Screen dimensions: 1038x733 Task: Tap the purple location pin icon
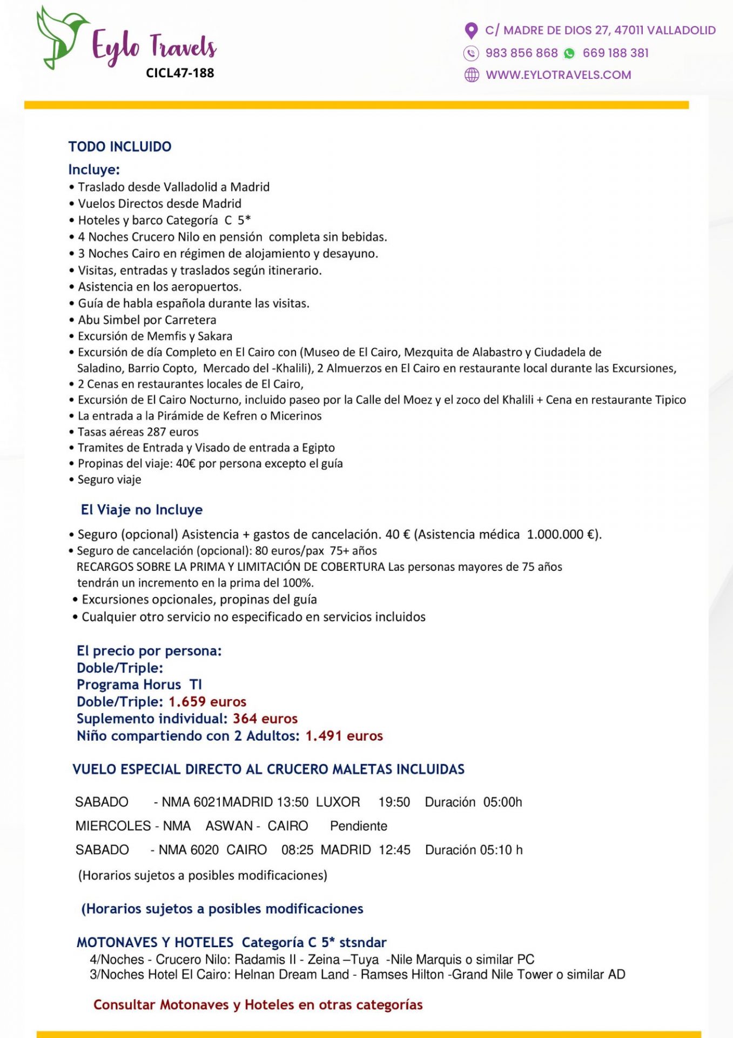click(x=471, y=31)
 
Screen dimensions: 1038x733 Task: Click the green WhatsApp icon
click(x=569, y=54)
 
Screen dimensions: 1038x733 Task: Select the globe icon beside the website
click(x=472, y=75)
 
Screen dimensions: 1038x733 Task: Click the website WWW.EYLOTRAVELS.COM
click(x=558, y=75)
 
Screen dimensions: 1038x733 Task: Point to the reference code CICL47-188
click(x=180, y=73)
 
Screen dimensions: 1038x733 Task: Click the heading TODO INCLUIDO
click(x=120, y=147)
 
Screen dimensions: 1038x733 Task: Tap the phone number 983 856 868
click(x=521, y=53)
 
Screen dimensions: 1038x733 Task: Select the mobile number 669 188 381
click(x=615, y=53)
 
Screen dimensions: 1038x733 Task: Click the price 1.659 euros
click(x=207, y=702)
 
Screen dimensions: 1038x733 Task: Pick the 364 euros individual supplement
click(x=265, y=718)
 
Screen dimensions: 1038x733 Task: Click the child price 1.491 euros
click(x=344, y=736)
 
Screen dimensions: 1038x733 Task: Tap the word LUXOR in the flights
click(x=338, y=802)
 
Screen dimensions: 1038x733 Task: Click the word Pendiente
click(x=359, y=826)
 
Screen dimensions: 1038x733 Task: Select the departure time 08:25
click(x=297, y=850)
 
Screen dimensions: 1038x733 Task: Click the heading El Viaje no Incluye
click(x=142, y=510)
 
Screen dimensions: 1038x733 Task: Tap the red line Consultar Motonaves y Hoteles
click(x=258, y=1004)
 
